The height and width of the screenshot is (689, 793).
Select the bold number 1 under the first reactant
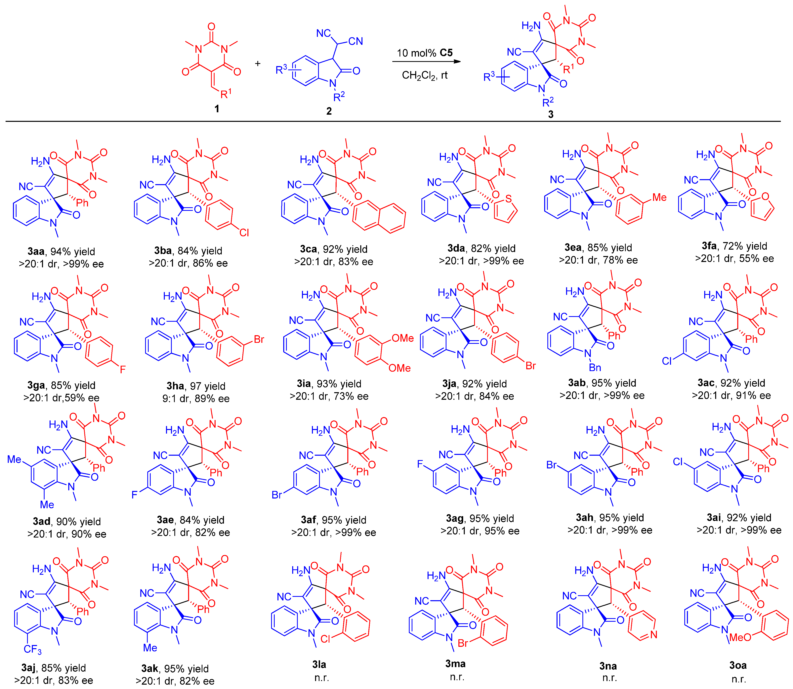[x=217, y=109]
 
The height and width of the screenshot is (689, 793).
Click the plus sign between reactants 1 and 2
[x=258, y=64]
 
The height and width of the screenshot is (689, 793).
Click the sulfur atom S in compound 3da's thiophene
[x=509, y=198]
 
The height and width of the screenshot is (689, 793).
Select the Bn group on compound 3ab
[x=595, y=367]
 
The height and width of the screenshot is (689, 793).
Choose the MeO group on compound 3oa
[x=740, y=637]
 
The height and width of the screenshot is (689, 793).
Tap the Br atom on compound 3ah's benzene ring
[x=552, y=465]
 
